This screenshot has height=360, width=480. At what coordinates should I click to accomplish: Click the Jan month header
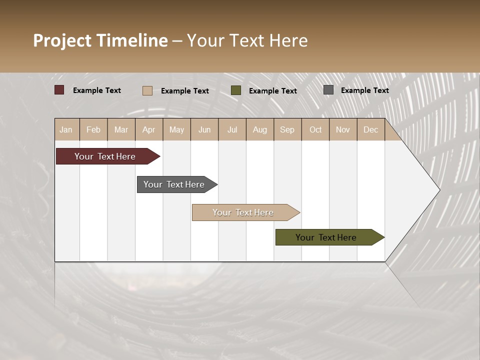click(66, 129)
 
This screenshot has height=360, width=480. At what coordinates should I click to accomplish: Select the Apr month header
click(148, 129)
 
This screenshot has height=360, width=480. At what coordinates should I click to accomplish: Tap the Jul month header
click(232, 129)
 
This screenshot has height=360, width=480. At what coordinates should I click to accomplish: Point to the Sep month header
click(287, 129)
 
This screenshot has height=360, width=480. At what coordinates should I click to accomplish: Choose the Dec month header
click(370, 129)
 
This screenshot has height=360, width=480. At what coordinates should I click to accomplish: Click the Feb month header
click(93, 129)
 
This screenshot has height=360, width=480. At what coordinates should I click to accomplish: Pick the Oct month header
click(315, 129)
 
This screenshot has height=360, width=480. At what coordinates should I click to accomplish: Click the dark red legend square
click(59, 90)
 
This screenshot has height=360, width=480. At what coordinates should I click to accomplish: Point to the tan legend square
click(147, 90)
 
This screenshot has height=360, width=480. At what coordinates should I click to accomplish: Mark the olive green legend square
click(236, 90)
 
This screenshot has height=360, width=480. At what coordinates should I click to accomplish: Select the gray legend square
click(328, 90)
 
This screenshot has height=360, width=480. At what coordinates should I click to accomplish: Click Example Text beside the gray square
click(364, 90)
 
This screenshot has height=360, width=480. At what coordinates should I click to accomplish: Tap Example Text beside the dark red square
click(97, 90)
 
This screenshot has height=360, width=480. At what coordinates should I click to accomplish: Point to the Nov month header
click(343, 129)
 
